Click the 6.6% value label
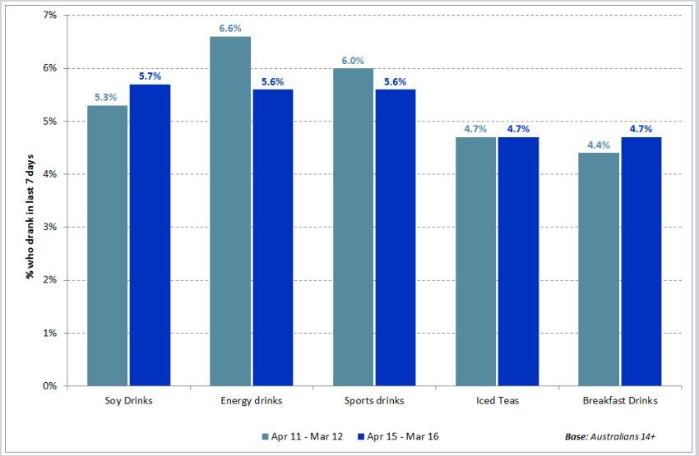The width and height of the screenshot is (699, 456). click(230, 29)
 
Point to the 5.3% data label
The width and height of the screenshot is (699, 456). click(108, 98)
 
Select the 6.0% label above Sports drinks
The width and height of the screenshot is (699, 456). click(354, 61)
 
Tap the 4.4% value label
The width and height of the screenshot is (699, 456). click(599, 145)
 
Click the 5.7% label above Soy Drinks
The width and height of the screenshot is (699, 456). click(150, 76)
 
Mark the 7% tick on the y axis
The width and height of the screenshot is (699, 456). click(49, 16)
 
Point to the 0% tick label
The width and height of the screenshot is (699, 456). click(49, 385)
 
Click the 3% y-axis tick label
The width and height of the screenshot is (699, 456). click(49, 227)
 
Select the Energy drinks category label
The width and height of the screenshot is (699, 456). click(251, 401)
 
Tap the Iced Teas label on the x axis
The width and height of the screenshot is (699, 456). click(498, 401)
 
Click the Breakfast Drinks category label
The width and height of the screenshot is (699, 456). click(620, 401)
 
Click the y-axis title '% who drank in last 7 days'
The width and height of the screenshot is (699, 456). click(29, 200)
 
